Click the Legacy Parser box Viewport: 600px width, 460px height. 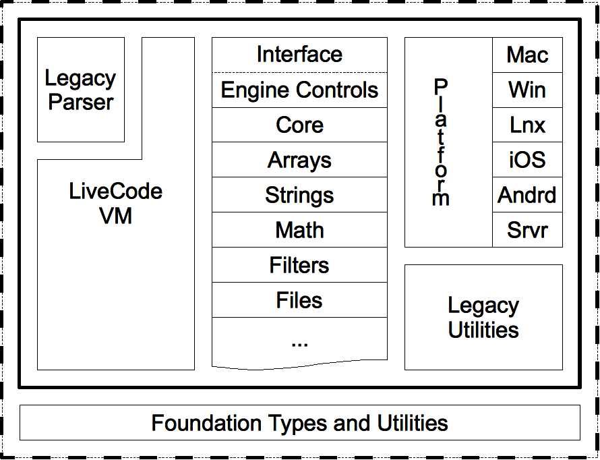click(x=81, y=90)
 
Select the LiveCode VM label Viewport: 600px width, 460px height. click(x=115, y=203)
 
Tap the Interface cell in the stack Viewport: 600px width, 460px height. click(x=299, y=55)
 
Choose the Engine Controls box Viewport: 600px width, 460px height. click(x=299, y=90)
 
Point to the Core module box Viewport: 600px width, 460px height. click(x=299, y=125)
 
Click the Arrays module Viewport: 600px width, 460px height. click(x=299, y=161)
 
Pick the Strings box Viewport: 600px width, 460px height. click(x=299, y=196)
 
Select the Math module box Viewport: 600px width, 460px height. click(x=299, y=231)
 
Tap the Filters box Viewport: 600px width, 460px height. click(x=299, y=266)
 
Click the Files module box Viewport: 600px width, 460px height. click(x=299, y=301)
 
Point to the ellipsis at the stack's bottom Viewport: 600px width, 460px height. click(x=299, y=342)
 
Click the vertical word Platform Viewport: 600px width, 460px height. click(x=440, y=142)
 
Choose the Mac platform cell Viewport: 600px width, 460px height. click(x=527, y=55)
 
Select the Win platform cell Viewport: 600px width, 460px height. click(x=527, y=90)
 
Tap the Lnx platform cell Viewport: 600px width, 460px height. click(x=527, y=125)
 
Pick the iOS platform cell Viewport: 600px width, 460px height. click(x=527, y=160)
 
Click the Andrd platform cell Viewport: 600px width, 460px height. click(x=527, y=196)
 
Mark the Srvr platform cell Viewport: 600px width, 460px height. click(x=527, y=231)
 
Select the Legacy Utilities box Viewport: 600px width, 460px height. click(x=483, y=317)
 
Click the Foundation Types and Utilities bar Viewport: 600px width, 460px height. click(x=299, y=423)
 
